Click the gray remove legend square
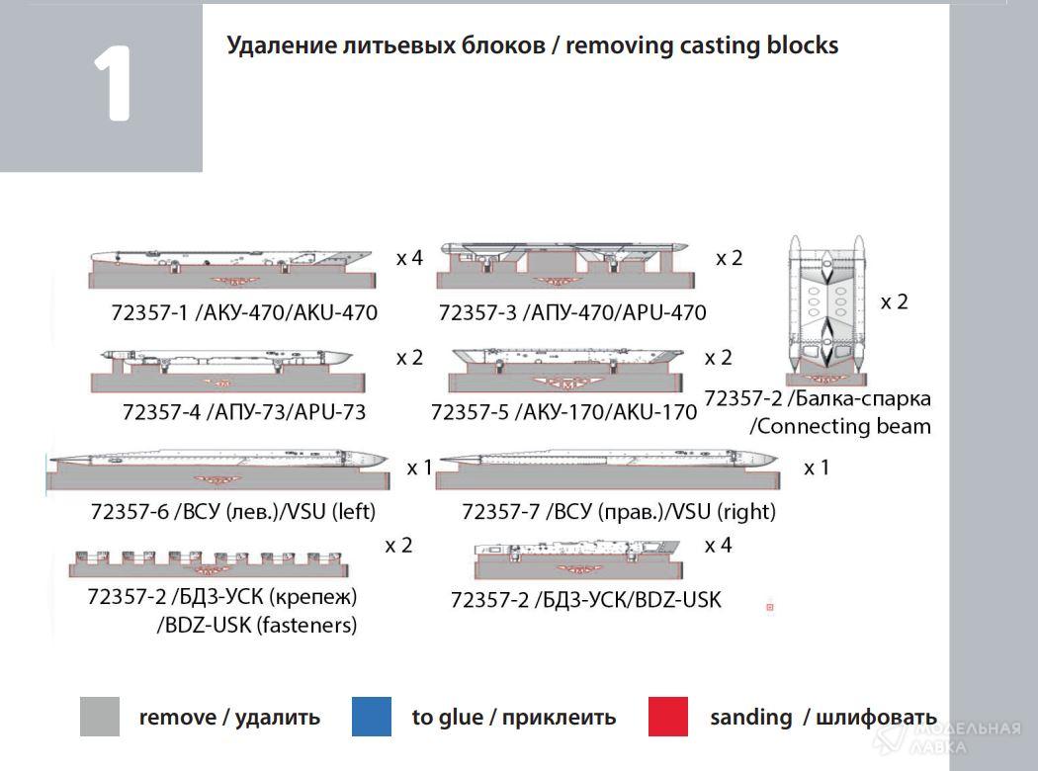point(100,717)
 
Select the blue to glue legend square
point(371,717)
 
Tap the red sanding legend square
point(668,717)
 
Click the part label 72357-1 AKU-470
point(244,313)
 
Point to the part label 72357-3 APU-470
point(572,313)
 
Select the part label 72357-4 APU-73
point(244,411)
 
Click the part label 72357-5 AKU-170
point(563,411)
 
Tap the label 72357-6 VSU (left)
point(233,511)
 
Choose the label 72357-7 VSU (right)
point(619,511)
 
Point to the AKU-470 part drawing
point(231,268)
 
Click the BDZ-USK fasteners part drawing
point(209,563)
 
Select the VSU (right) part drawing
point(606,470)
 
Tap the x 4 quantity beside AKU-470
point(409,258)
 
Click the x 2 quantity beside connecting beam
point(894,301)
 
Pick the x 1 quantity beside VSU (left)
point(419,468)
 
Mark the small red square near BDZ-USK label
point(769,607)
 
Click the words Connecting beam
point(840,427)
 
